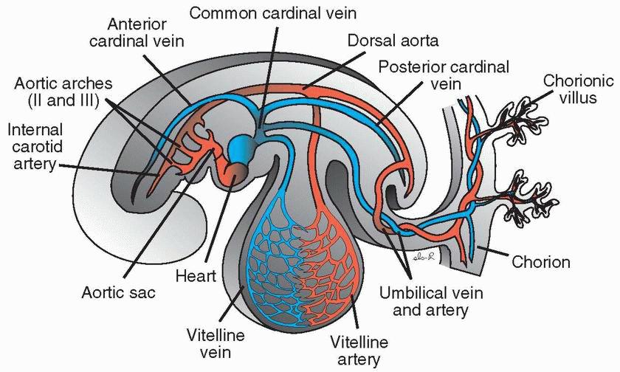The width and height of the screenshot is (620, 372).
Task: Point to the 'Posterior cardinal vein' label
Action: pyautogui.click(x=443, y=75)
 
